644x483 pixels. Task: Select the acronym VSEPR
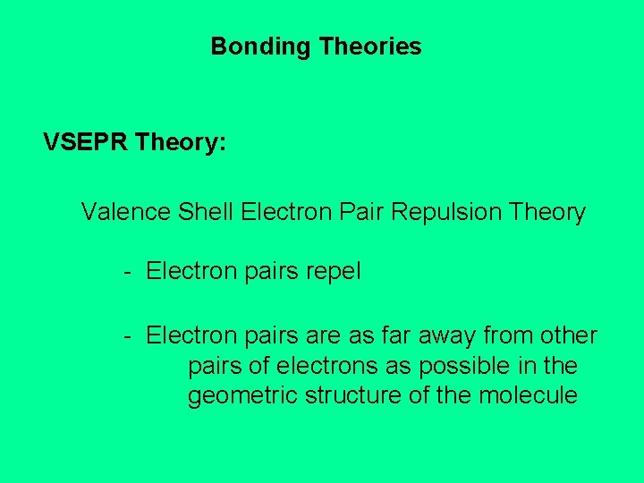86,142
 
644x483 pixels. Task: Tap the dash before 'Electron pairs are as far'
129,336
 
